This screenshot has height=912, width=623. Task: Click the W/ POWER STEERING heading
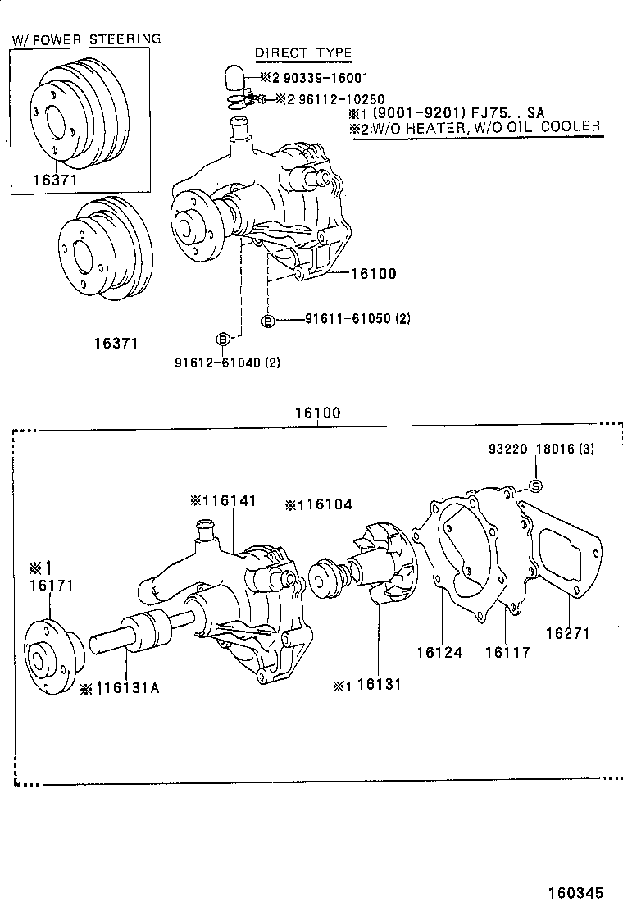point(86,39)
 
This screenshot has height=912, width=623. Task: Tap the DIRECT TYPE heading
point(302,53)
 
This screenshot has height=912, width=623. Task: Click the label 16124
point(439,653)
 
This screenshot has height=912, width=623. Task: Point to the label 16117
point(507,653)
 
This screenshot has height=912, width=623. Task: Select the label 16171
point(51,586)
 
